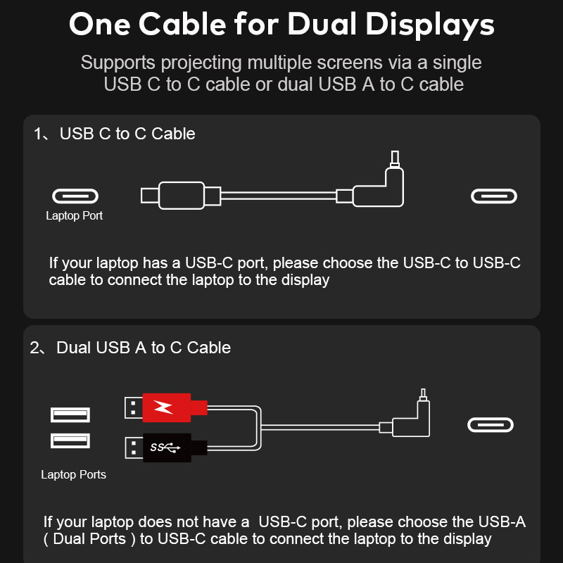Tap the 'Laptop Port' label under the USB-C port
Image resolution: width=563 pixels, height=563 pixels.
[x=75, y=215]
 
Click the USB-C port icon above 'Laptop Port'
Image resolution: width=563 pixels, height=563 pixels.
[x=75, y=196]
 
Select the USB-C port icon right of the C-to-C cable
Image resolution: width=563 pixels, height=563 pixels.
[x=494, y=196]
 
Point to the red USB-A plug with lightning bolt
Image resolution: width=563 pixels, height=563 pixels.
[x=166, y=407]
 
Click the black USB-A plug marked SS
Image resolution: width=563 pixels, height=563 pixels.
[x=166, y=448]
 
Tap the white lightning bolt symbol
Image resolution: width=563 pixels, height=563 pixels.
[x=163, y=407]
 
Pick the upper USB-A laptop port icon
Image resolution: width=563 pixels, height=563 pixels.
[x=70, y=415]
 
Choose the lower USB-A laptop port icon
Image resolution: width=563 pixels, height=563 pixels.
[x=70, y=441]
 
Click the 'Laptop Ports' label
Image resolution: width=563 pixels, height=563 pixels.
[x=74, y=474]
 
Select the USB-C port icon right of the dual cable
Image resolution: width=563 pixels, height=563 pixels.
[x=491, y=425]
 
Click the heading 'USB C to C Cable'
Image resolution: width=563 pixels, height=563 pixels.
[x=127, y=134]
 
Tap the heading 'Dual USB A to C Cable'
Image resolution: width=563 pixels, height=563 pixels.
[x=144, y=348]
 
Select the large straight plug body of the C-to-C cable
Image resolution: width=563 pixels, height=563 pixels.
[x=182, y=196]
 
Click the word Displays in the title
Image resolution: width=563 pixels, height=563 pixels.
[x=430, y=25]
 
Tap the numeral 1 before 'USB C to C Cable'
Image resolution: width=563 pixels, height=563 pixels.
[x=37, y=134]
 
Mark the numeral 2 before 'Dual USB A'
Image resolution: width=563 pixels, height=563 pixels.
[x=34, y=348]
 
